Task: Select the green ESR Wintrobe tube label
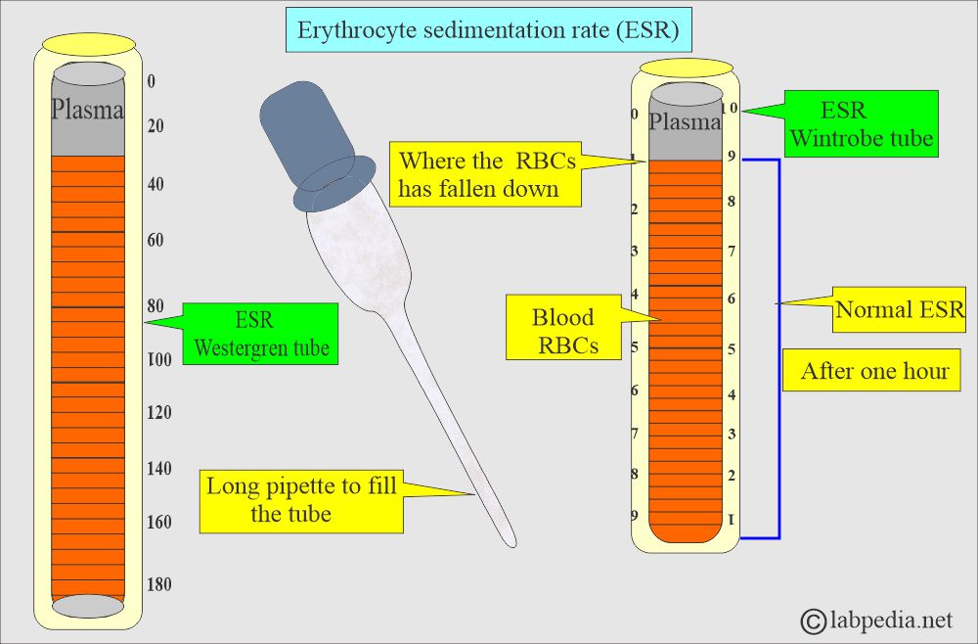click(x=861, y=123)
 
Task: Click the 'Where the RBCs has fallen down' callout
click(x=486, y=174)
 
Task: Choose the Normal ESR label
click(x=899, y=311)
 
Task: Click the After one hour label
click(x=873, y=371)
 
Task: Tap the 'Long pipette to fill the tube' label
click(x=301, y=499)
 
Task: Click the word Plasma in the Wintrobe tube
click(x=685, y=122)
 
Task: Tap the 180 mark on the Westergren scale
click(x=157, y=585)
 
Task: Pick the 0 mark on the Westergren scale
click(x=151, y=82)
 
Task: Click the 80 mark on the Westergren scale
click(x=155, y=306)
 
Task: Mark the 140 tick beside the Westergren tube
click(x=157, y=469)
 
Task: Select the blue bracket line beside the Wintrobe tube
click(x=778, y=347)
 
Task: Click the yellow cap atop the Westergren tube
click(x=89, y=44)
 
